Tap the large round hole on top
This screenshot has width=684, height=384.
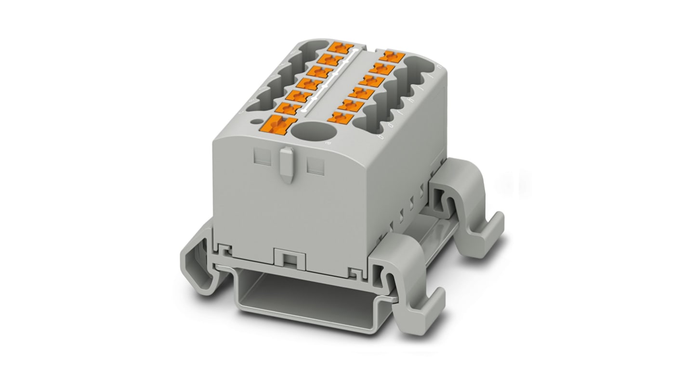tap(311, 131)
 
